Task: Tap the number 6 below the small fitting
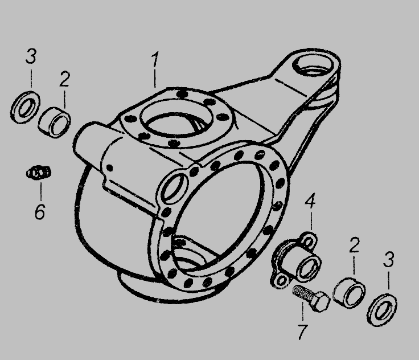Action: click(40, 211)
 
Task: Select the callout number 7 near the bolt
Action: click(302, 332)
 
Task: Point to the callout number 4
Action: click(310, 201)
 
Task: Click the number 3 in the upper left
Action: click(31, 56)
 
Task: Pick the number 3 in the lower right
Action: click(388, 259)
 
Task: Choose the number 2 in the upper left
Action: click(64, 79)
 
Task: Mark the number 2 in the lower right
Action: click(354, 246)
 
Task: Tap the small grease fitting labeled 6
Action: click(39, 173)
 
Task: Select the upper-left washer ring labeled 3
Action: click(25, 107)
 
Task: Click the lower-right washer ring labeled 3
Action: click(382, 309)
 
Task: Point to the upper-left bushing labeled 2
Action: click(55, 122)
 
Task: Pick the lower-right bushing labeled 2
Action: click(350, 293)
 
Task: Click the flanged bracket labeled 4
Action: click(296, 261)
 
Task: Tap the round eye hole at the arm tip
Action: click(313, 66)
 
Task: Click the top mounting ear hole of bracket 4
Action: click(309, 242)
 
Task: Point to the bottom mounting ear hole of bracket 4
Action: click(281, 281)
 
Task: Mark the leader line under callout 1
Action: click(155, 79)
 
